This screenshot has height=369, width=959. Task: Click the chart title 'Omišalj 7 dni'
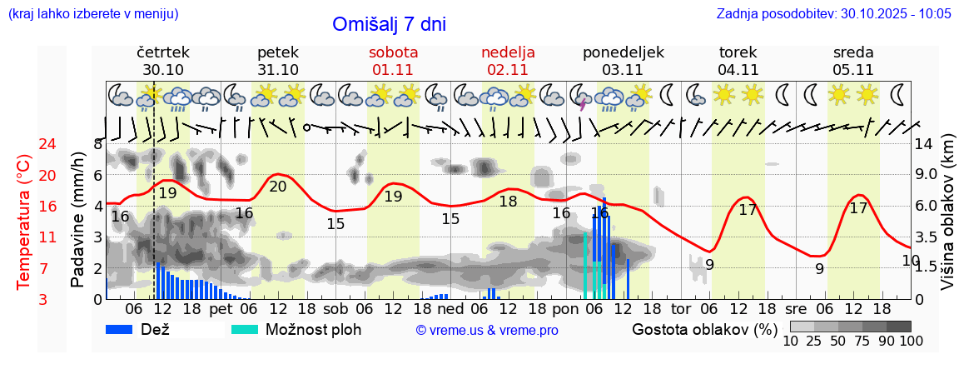click(389, 24)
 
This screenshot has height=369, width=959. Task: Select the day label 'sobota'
click(393, 52)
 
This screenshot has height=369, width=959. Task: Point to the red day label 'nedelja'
click(508, 52)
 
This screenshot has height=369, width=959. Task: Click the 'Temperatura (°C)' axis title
click(24, 222)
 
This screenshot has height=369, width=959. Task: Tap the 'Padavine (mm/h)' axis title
click(77, 220)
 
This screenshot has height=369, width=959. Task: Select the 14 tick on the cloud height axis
click(924, 144)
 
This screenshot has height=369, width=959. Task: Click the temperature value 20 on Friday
click(278, 186)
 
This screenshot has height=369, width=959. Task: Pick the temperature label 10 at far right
click(911, 260)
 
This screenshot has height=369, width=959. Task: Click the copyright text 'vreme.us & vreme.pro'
click(487, 331)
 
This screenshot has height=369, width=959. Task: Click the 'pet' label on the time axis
click(221, 308)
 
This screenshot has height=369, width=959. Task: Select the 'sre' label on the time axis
click(796, 308)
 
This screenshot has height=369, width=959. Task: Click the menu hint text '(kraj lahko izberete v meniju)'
click(93, 14)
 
